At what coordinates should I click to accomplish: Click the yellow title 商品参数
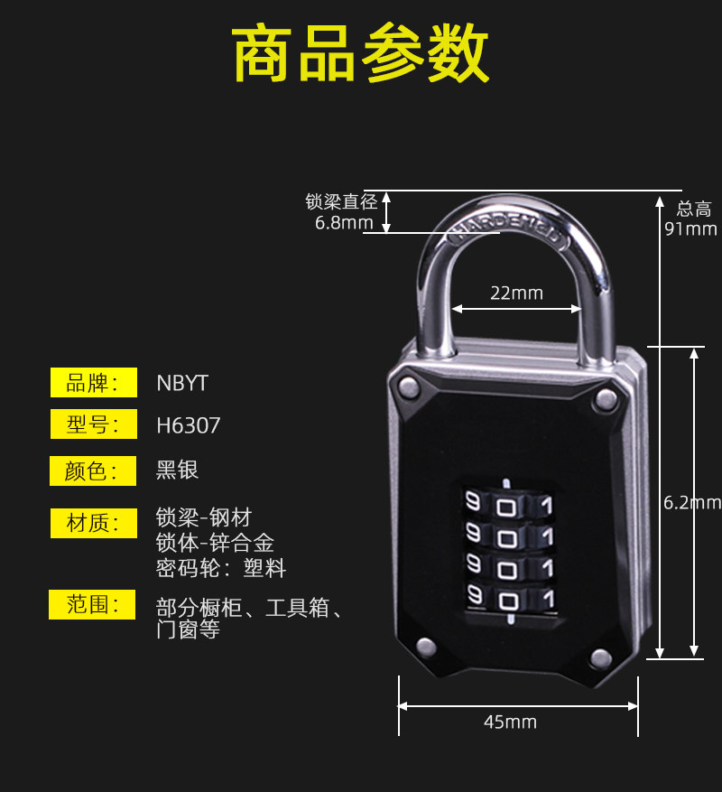click(361, 55)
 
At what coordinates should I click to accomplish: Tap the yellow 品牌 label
click(93, 383)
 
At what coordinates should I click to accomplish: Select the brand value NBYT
click(182, 383)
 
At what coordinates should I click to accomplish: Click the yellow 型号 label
click(93, 424)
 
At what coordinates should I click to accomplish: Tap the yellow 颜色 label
click(93, 471)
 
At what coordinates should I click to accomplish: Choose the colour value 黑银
click(177, 470)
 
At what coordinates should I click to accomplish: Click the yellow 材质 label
click(93, 522)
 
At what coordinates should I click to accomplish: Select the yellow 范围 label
click(93, 604)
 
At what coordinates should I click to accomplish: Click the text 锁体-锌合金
click(215, 543)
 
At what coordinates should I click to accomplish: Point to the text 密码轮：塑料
click(221, 568)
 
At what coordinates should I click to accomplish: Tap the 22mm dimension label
click(516, 293)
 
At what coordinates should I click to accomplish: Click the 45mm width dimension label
click(510, 722)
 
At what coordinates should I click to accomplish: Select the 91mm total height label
click(690, 228)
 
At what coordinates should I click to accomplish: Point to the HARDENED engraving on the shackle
click(505, 225)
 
